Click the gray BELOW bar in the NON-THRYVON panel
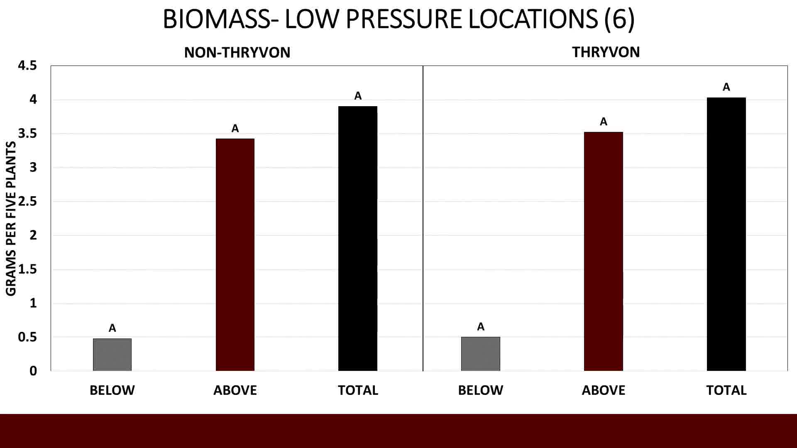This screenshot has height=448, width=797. point(112,355)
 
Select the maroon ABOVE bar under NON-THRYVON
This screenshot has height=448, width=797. point(235,255)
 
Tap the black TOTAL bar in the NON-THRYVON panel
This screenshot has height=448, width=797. point(358,239)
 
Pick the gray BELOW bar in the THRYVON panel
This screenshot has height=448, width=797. point(481,354)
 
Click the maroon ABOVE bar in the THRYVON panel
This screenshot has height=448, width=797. point(604,251)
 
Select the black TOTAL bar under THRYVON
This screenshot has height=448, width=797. point(726,234)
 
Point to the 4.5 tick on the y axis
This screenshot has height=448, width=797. point(27,66)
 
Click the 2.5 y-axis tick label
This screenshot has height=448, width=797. point(27,201)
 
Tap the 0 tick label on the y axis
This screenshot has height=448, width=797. point(33,371)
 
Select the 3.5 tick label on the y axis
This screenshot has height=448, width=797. point(27,134)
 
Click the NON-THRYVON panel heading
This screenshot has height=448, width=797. point(237,53)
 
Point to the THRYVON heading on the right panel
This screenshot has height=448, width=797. point(606,52)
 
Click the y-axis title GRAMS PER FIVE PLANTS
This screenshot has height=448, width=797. point(11,219)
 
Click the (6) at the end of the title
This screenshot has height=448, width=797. point(619,19)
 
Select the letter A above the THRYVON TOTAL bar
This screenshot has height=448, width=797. point(726,87)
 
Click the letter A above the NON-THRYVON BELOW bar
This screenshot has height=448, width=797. point(112,328)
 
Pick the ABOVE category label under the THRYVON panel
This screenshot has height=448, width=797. point(603,390)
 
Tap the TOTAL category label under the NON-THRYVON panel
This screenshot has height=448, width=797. point(358,390)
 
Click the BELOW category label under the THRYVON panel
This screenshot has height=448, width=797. point(480,390)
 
